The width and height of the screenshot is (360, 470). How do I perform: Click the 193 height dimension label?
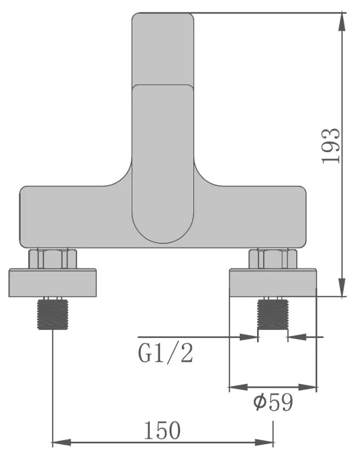[x=331, y=146]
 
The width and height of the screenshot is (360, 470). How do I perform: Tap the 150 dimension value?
[x=163, y=430]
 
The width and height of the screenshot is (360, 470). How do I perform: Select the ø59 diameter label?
[x=273, y=403]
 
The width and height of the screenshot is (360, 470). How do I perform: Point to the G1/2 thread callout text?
[x=165, y=354]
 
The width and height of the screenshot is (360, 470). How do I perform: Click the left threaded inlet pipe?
[x=53, y=313]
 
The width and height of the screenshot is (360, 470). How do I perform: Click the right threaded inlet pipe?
[x=273, y=313]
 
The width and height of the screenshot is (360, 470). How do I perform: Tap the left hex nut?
[x=53, y=259]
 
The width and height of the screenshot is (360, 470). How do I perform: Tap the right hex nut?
[x=273, y=259]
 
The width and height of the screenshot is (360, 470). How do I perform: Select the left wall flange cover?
[x=53, y=282]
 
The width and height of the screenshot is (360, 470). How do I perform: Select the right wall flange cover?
[x=273, y=282]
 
